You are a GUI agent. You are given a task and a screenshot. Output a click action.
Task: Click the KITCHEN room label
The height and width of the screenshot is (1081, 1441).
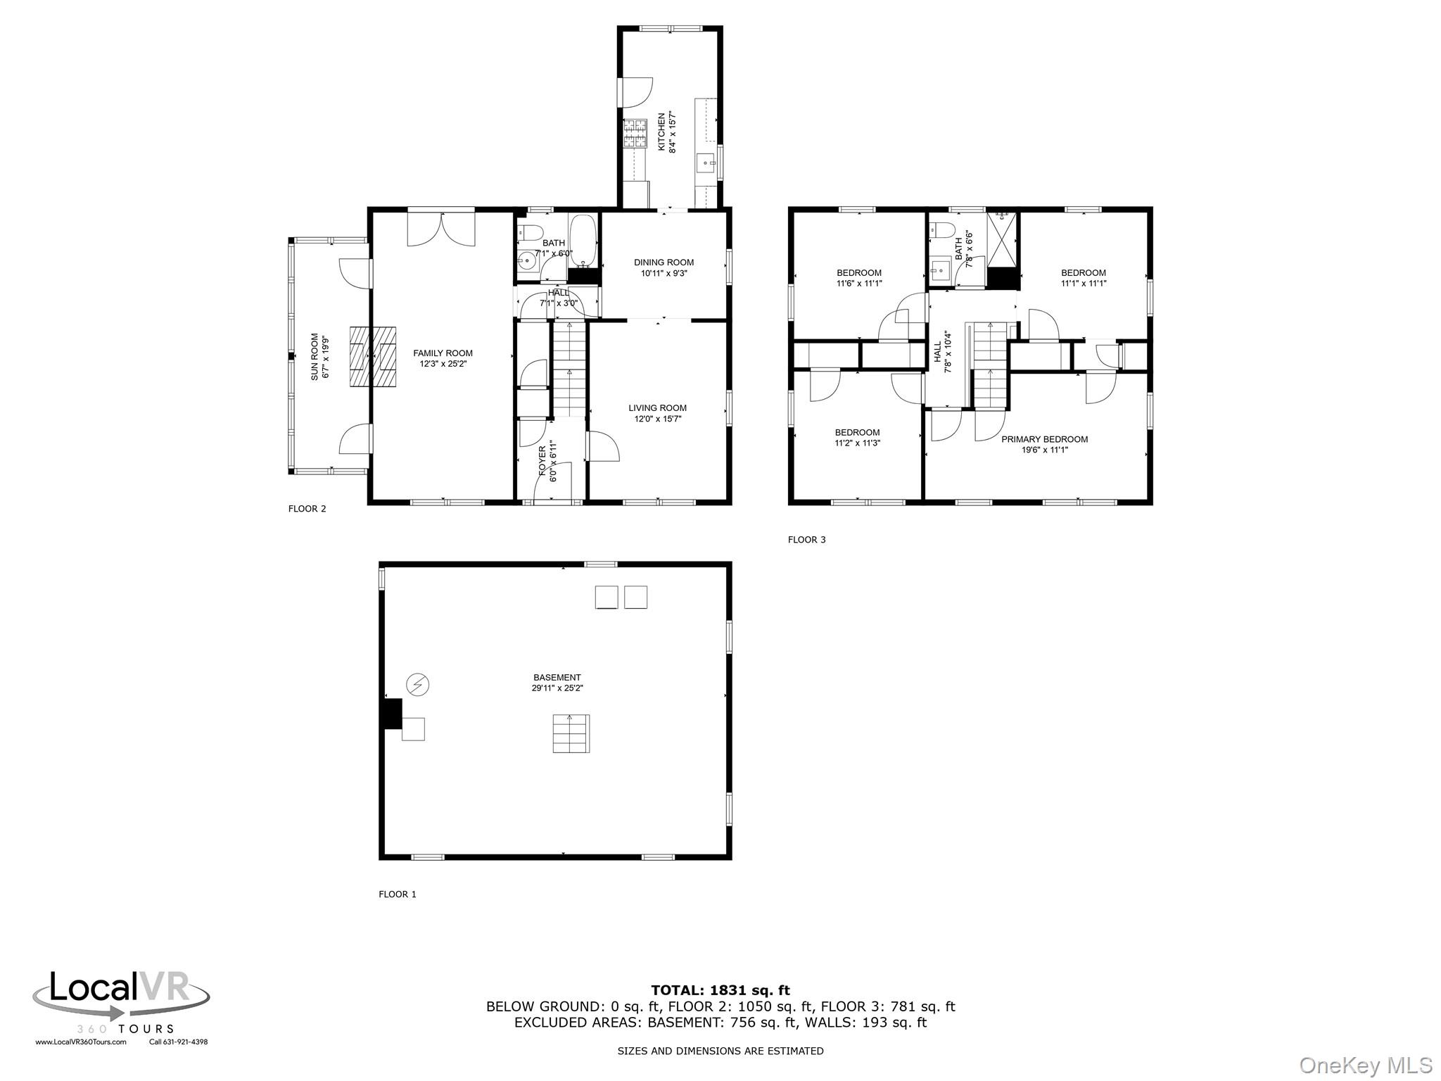(661, 132)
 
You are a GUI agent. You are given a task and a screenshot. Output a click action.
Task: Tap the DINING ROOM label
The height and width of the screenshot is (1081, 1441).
(664, 263)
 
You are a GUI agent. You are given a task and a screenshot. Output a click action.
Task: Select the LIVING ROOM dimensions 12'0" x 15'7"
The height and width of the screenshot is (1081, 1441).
(658, 419)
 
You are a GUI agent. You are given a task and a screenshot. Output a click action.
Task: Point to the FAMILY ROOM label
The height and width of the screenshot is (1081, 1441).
(443, 353)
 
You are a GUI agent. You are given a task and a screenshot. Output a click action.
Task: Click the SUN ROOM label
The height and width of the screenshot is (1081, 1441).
(315, 357)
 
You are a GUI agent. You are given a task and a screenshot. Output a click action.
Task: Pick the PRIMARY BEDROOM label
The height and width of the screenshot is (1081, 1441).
(1044, 439)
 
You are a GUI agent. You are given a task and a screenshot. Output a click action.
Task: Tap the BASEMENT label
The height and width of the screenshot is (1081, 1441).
(557, 678)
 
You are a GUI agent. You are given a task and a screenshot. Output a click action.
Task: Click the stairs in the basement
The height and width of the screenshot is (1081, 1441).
(571, 733)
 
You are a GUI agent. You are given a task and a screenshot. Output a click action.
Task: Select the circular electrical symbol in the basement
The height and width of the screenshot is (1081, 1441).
(418, 684)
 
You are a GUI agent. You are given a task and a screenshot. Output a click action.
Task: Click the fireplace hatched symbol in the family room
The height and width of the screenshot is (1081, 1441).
(373, 357)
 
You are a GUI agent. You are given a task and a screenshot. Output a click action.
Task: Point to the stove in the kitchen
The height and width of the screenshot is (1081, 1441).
(635, 134)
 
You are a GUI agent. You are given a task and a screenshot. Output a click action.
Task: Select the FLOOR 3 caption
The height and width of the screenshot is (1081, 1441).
(806, 540)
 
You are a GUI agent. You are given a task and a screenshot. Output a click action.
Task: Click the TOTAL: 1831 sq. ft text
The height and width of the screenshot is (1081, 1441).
(720, 991)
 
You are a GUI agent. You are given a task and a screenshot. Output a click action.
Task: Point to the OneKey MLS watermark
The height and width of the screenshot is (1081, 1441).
(1366, 1065)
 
